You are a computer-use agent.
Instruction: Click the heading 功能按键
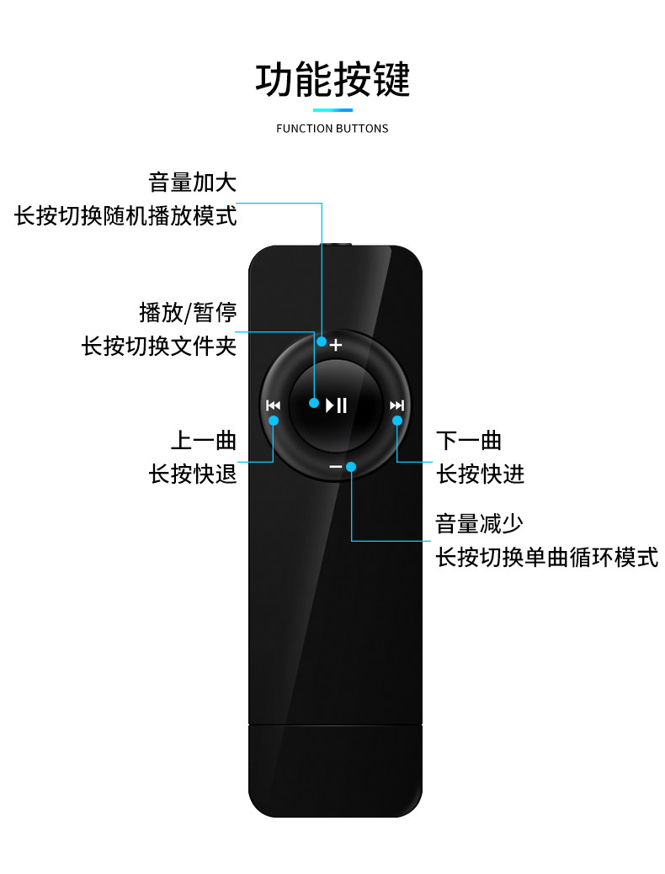point(332,80)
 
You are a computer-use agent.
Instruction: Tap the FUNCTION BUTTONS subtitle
point(332,129)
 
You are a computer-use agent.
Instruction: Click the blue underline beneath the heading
point(332,109)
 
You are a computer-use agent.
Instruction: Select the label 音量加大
point(193,182)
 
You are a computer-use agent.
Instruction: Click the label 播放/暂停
point(188,312)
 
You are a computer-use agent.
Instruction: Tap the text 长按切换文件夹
point(159,346)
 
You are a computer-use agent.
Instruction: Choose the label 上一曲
point(203,440)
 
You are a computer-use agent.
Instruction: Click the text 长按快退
point(193,474)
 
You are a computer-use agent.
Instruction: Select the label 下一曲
point(469,440)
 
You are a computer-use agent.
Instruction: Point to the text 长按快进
point(480,474)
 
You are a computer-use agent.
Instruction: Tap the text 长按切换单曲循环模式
point(546,557)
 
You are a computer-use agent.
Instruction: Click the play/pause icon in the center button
point(337,405)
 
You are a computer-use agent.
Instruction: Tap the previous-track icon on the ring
point(273,405)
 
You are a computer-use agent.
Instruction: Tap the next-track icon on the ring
point(397,405)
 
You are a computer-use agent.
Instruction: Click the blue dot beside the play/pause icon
point(314,404)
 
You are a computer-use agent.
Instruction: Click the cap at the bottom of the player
point(335,770)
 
